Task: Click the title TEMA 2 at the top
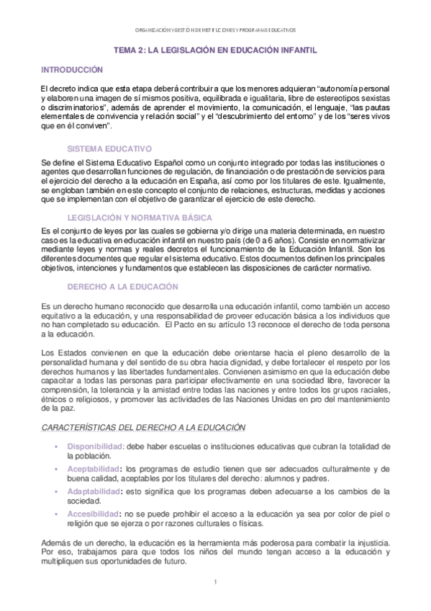coord(216,51)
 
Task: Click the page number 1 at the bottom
coord(215,580)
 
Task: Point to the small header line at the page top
coord(215,30)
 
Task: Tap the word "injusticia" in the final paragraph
coord(370,541)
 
